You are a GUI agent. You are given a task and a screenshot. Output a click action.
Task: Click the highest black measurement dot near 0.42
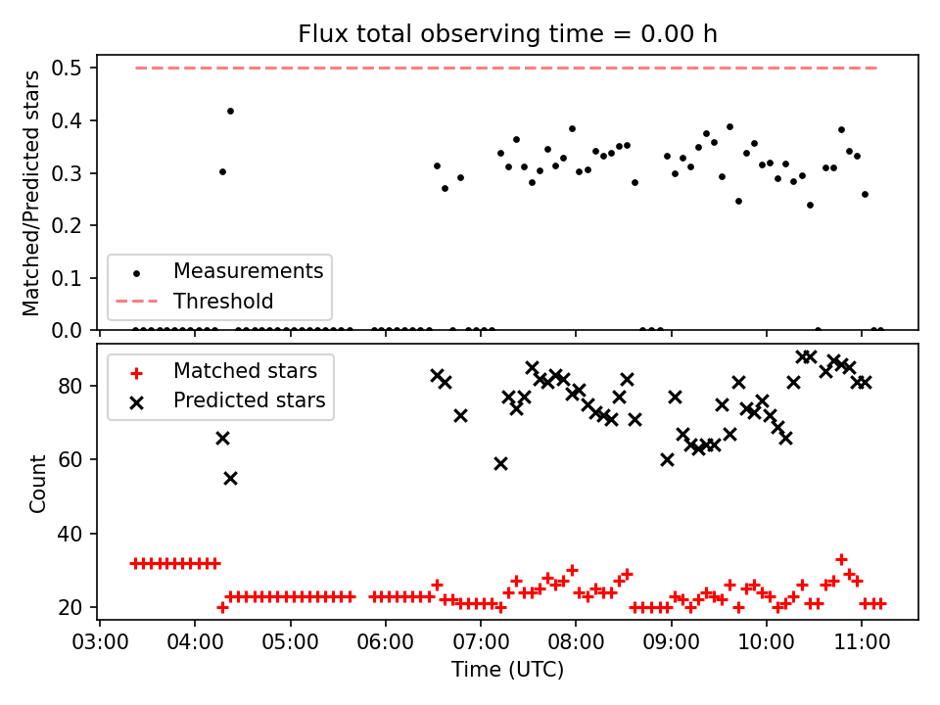[230, 111]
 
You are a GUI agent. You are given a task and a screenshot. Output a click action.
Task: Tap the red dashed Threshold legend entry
[194, 301]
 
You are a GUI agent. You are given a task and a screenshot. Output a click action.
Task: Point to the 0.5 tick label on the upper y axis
[66, 68]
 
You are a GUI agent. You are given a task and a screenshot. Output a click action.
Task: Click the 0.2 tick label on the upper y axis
[66, 225]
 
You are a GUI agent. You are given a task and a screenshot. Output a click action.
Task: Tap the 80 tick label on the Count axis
[70, 386]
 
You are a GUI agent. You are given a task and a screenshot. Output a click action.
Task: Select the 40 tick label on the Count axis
[70, 534]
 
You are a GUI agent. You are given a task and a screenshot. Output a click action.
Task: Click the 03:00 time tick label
[100, 642]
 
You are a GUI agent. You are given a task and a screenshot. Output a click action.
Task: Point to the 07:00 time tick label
[481, 642]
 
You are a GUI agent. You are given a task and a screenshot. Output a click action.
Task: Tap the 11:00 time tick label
[862, 642]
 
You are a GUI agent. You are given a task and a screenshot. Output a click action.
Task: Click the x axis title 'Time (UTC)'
[508, 669]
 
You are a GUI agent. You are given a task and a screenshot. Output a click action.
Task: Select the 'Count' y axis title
[37, 483]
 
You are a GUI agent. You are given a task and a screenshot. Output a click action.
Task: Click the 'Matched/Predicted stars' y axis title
[31, 193]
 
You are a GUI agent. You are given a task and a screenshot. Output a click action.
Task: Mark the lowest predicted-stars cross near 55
[230, 479]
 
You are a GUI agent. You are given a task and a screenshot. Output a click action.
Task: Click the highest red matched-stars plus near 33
[841, 559]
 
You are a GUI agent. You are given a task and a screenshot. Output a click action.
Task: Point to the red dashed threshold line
[506, 68]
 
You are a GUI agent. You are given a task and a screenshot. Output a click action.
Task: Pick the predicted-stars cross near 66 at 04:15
[222, 439]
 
